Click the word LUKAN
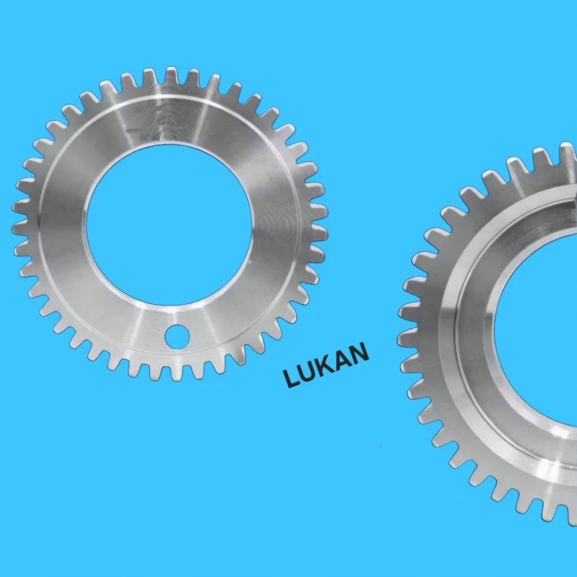click(326, 365)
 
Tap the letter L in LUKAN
click(292, 378)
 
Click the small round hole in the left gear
click(176, 336)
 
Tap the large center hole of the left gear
click(170, 224)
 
